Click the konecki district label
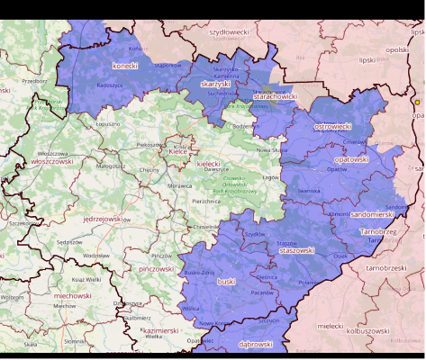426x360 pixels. point(125,66)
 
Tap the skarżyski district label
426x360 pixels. point(216,84)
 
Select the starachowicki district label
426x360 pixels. point(275,95)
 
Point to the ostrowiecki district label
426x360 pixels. point(331,127)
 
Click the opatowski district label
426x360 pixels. point(351,159)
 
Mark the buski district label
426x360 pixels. point(225,281)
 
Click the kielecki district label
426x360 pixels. point(208,164)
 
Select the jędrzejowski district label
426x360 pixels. point(102,219)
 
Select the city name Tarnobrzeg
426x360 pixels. point(377,231)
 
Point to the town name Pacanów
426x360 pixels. point(262,292)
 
